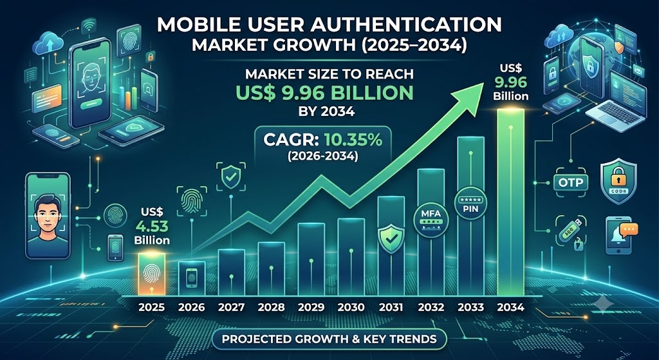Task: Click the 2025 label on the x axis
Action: pyautogui.click(x=151, y=307)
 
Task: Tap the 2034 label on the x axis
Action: pyautogui.click(x=510, y=307)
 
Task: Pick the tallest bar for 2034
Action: pyautogui.click(x=510, y=202)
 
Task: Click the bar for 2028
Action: pyautogui.click(x=271, y=269)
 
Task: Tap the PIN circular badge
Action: pyautogui.click(x=470, y=204)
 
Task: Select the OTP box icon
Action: pyautogui.click(x=571, y=182)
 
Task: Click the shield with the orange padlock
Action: pyautogui.click(x=618, y=181)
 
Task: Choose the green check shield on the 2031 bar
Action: pyautogui.click(x=391, y=239)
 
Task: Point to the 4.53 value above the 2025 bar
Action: pyautogui.click(x=152, y=226)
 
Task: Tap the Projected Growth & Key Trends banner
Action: pyautogui.click(x=329, y=339)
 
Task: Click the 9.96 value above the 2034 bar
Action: pyautogui.click(x=510, y=82)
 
